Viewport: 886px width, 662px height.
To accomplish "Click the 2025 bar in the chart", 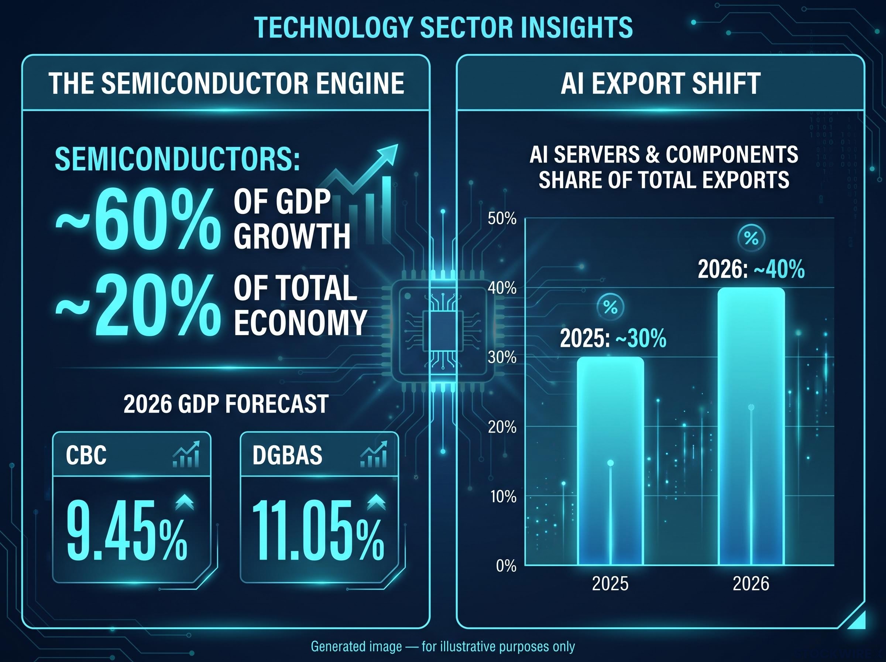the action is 610,461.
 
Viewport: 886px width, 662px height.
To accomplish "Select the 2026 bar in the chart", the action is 751,426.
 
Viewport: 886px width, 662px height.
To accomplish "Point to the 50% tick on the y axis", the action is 502,219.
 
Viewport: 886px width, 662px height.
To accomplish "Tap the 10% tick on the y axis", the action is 503,496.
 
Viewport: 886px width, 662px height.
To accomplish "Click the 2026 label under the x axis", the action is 751,583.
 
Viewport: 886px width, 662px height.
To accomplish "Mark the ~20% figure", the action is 138,306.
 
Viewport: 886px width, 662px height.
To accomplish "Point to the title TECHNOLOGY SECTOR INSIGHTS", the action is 443,27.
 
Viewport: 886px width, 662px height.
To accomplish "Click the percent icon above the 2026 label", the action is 751,238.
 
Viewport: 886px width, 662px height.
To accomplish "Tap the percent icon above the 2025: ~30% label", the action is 610,307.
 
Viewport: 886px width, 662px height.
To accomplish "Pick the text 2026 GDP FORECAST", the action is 226,403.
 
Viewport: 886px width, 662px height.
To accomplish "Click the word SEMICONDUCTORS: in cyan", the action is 177,159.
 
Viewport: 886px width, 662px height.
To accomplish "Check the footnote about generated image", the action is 443,646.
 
